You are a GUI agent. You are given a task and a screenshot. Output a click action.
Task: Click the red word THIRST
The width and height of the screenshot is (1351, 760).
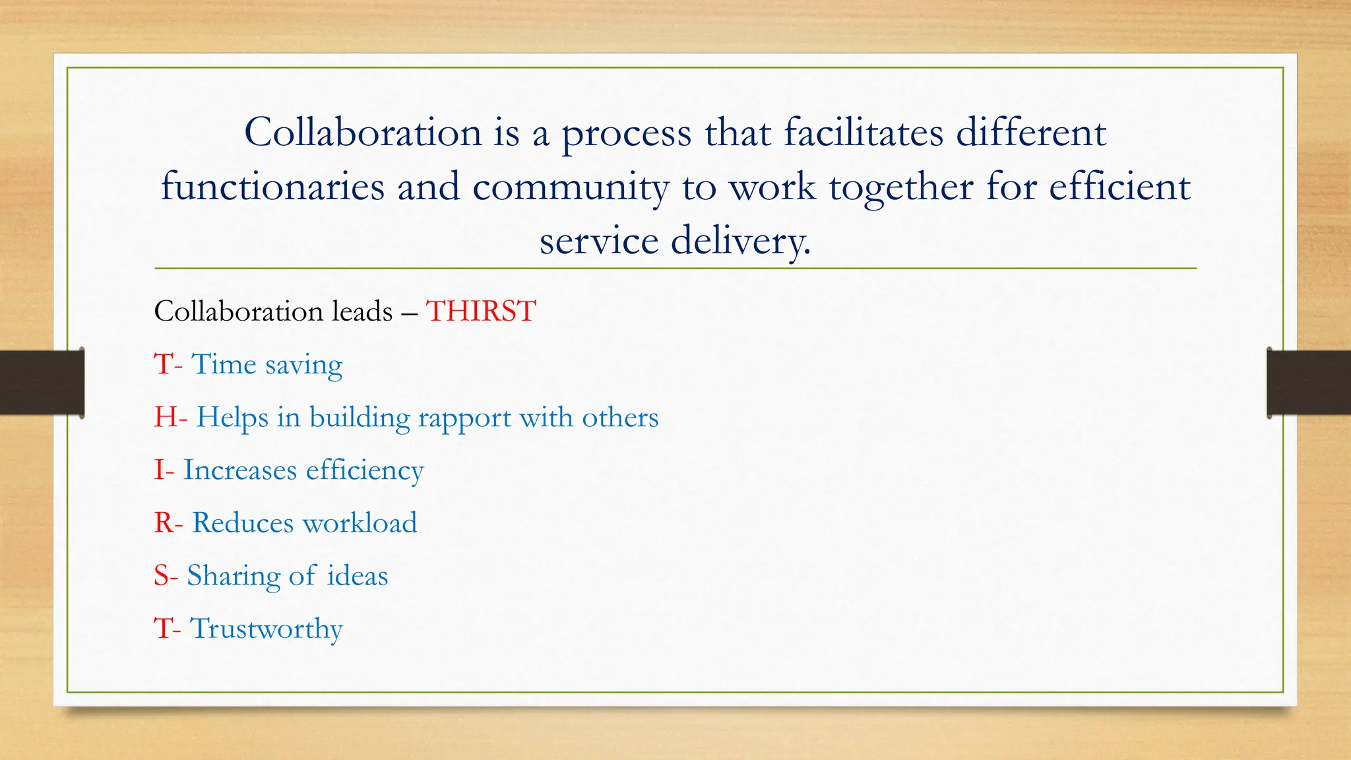tap(481, 311)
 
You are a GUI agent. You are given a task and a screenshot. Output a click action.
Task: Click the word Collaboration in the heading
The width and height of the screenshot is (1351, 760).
tap(363, 132)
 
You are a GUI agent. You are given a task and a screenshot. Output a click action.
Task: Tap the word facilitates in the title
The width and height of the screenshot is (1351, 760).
tap(864, 132)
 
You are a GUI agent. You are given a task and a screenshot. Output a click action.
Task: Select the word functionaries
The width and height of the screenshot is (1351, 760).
tap(272, 187)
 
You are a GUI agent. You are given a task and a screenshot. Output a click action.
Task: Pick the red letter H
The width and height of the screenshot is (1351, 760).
tap(165, 418)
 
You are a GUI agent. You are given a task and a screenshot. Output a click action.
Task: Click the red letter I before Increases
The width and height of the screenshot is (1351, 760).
tap(159, 470)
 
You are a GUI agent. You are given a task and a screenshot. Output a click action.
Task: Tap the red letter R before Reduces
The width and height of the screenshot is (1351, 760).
tap(164, 523)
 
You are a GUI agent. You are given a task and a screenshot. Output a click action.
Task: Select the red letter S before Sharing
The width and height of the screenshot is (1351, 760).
tap(162, 576)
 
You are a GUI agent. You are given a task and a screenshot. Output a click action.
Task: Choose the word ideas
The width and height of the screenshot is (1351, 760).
tap(358, 576)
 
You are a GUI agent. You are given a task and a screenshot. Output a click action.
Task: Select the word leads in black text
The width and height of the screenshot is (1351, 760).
tap(362, 311)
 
